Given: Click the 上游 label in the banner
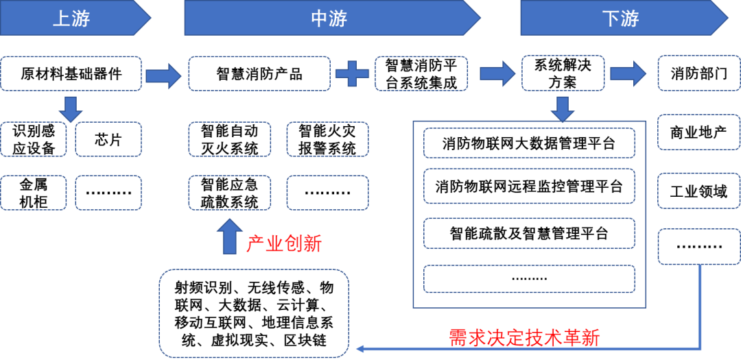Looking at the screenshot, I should click(x=71, y=19).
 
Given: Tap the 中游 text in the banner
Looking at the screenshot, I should click(x=329, y=19).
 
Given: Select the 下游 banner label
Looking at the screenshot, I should click(x=620, y=19).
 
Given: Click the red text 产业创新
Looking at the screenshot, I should click(x=283, y=243).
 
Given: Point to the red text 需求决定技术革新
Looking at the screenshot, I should click(x=525, y=337).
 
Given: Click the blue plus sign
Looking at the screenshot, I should click(x=352, y=73).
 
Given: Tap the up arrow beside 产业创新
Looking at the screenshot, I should click(x=229, y=237).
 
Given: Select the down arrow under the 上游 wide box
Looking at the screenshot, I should click(x=70, y=108).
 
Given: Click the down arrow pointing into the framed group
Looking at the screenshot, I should click(x=563, y=108).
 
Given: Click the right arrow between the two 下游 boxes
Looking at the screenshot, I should click(x=628, y=73).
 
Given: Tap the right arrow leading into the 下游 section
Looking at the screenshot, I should click(x=497, y=73).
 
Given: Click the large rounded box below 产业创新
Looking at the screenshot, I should click(x=254, y=313).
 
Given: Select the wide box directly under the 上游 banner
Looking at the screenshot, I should click(x=71, y=73).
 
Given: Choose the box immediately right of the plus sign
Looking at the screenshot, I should click(x=421, y=73).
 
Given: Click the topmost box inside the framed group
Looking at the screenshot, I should click(x=529, y=143).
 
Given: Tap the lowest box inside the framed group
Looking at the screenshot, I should click(x=529, y=278).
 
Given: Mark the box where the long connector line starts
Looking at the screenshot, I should click(x=698, y=247).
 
